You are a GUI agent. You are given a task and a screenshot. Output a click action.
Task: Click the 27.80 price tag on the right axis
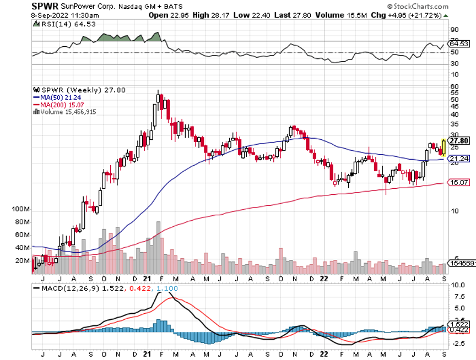click(459, 140)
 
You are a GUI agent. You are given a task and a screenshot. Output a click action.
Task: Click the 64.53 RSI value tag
click(458, 43)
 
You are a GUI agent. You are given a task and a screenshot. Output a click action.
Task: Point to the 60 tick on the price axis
click(455, 86)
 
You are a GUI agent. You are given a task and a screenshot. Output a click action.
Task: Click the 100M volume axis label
click(20, 210)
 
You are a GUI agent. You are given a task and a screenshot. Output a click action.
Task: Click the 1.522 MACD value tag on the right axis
click(458, 324)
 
